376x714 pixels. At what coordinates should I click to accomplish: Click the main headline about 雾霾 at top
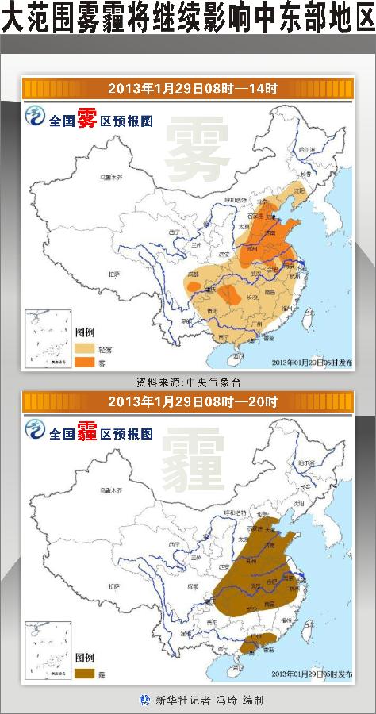[x=188, y=20]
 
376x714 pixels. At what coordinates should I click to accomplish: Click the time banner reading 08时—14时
[x=188, y=88]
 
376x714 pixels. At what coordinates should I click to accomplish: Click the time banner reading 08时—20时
[x=188, y=401]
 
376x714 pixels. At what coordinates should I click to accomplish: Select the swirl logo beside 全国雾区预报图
[x=36, y=119]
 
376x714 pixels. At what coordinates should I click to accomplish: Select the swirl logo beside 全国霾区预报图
[x=36, y=432]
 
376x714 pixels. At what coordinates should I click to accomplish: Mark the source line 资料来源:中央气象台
[x=188, y=382]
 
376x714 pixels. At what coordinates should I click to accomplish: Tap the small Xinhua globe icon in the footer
[x=144, y=700]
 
